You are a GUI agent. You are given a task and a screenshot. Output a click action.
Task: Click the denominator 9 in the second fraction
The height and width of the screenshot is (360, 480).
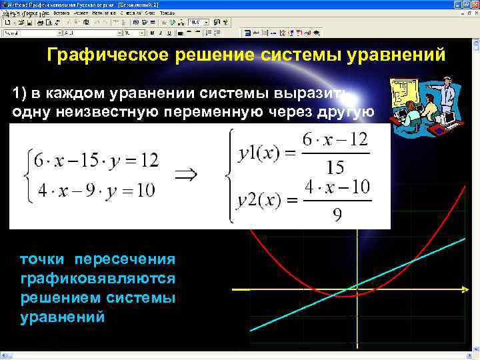[337, 215]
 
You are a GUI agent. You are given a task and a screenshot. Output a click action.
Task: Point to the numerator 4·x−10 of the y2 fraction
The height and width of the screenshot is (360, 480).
[337, 188]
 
